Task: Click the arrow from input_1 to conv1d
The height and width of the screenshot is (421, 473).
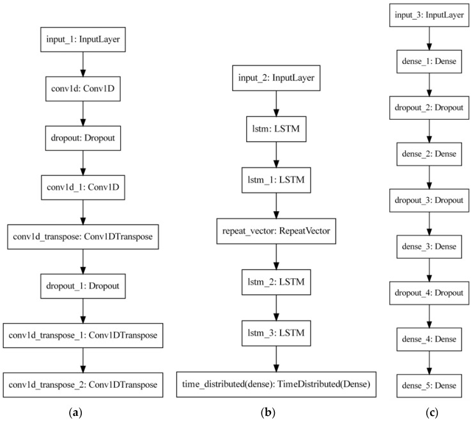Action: click(x=81, y=64)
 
